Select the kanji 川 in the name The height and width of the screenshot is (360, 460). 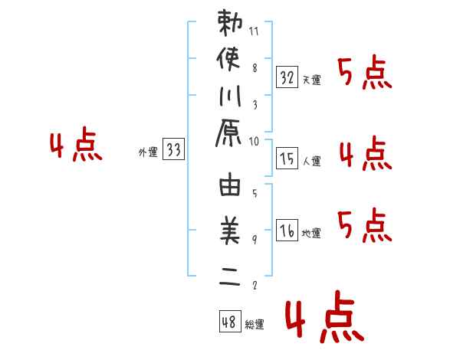click(231, 97)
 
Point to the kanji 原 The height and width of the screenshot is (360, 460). click(231, 134)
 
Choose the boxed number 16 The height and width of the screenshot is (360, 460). click(287, 230)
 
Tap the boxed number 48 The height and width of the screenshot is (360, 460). click(229, 322)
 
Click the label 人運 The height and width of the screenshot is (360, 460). click(312, 161)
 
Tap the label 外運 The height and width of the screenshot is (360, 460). click(147, 152)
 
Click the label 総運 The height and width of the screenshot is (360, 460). click(255, 325)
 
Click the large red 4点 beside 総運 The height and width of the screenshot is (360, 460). click(324, 319)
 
